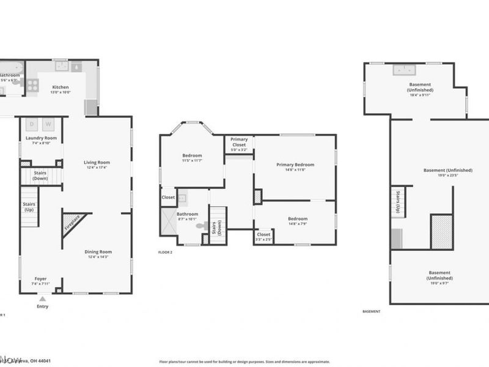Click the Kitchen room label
click(61, 87)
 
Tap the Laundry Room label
click(41, 138)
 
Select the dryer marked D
click(33, 124)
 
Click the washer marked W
click(48, 124)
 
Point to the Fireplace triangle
click(72, 221)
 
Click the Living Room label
click(97, 162)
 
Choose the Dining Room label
click(98, 252)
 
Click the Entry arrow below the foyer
click(42, 299)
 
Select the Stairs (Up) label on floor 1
click(28, 207)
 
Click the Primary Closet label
click(239, 143)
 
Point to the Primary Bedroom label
click(295, 165)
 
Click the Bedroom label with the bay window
click(192, 156)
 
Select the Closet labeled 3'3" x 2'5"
click(263, 235)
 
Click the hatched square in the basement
click(441, 232)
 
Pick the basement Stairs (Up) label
click(397, 201)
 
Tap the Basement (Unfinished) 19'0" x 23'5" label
click(448, 171)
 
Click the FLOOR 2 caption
click(165, 252)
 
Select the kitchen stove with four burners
click(32, 86)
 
